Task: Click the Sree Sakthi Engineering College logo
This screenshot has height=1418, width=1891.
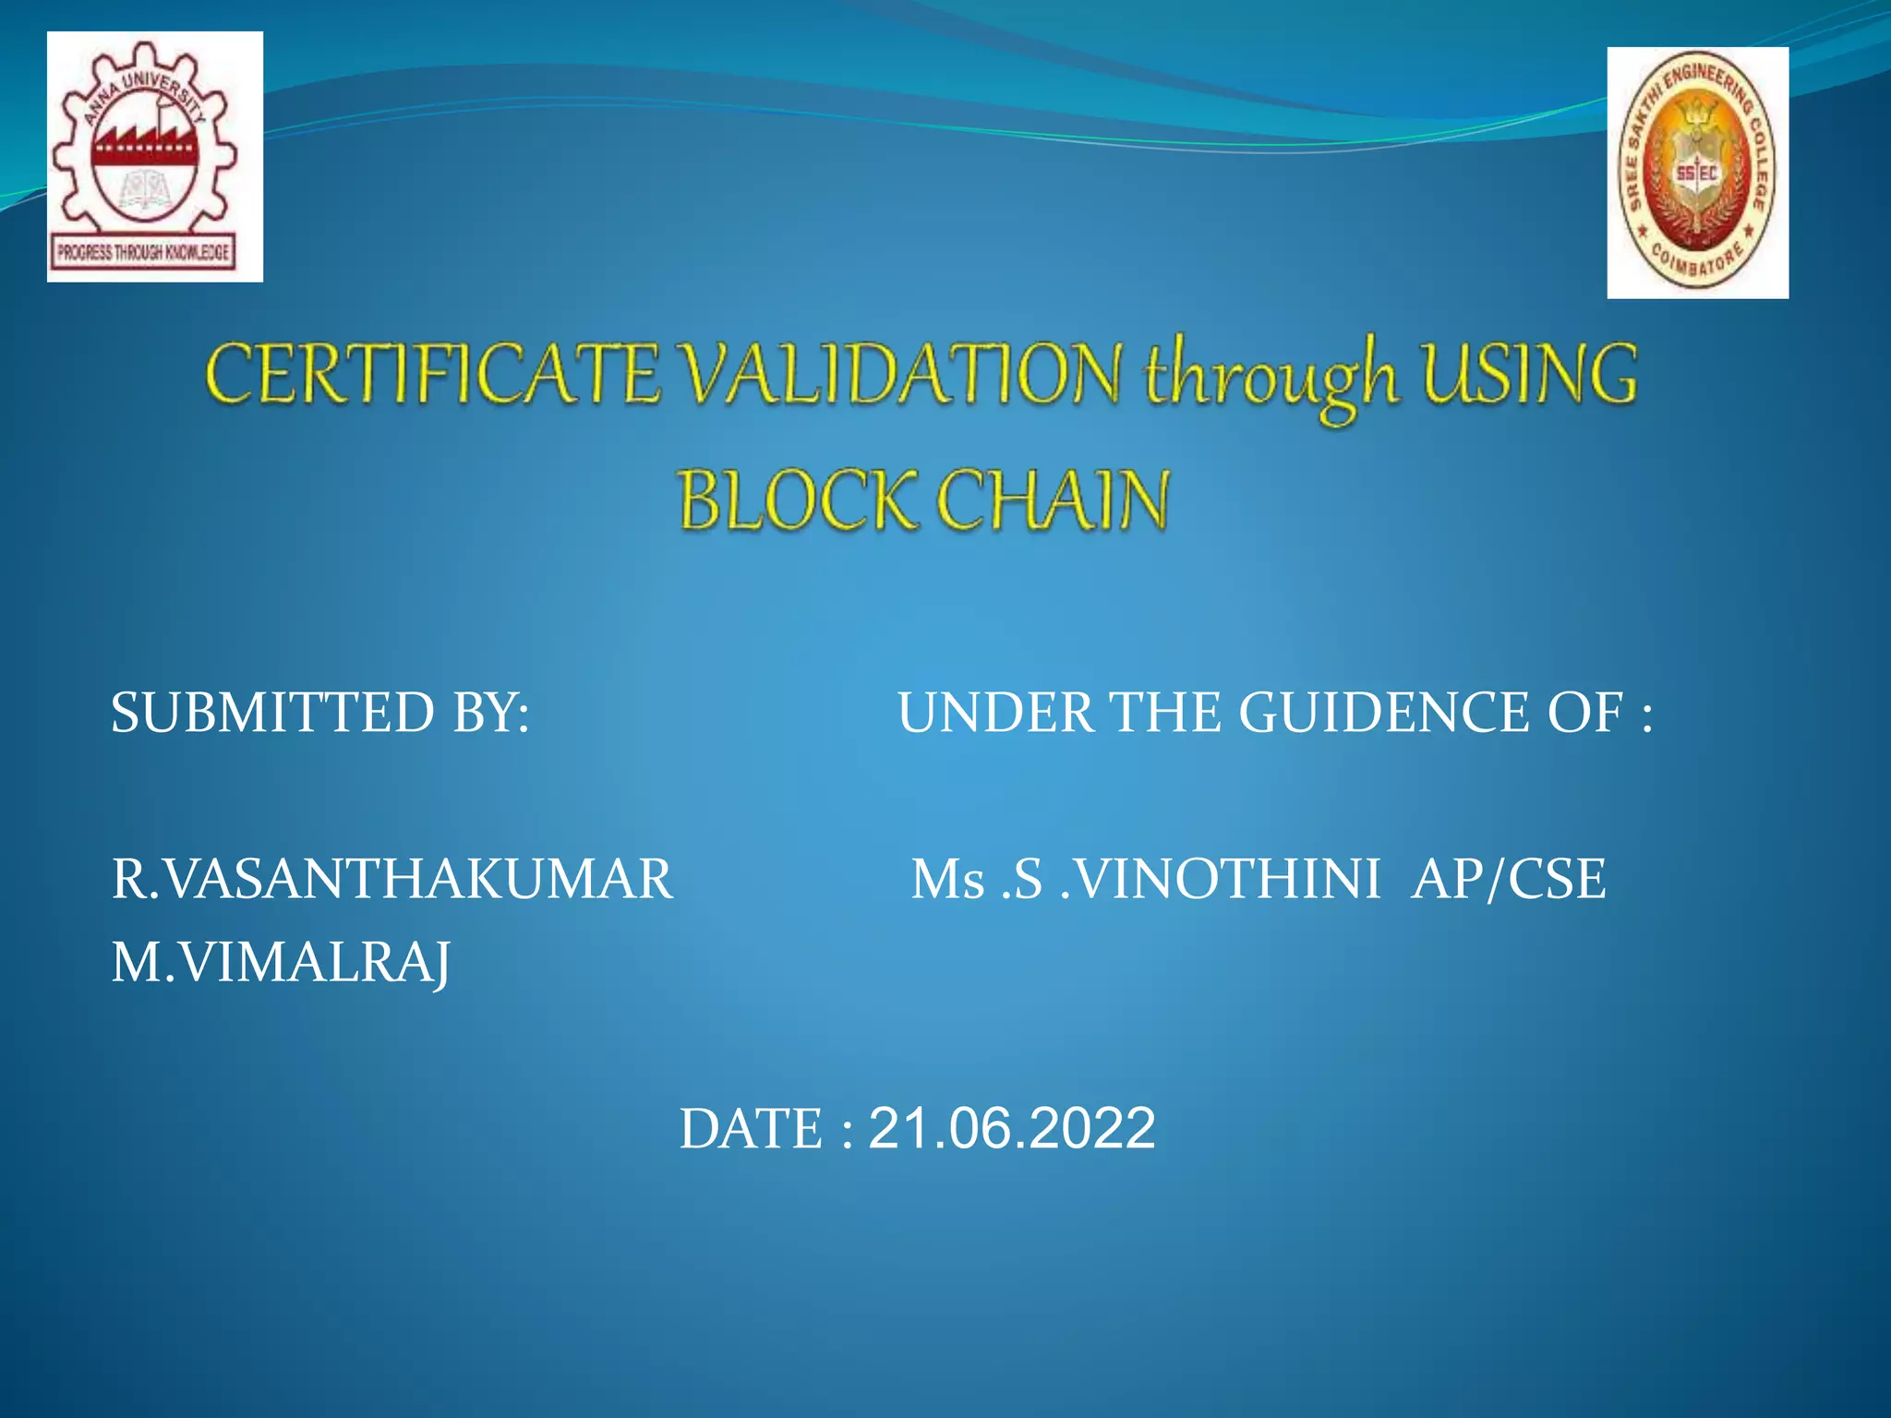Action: point(1697,173)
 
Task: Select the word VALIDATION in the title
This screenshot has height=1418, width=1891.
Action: point(903,374)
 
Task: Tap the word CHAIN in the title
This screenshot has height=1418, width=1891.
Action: point(1054,499)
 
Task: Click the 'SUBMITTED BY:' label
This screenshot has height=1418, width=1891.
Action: point(320,713)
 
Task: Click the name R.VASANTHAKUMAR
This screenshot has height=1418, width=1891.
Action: point(392,878)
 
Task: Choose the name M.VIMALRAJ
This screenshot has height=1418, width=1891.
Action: point(281,963)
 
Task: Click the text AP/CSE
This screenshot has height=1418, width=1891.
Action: point(1509,878)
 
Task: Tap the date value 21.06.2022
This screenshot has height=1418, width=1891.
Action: point(1012,1128)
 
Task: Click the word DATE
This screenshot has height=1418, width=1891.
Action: point(751,1129)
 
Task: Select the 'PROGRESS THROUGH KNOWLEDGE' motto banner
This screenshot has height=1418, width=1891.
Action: point(144,252)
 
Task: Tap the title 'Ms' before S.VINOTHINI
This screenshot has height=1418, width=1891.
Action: point(948,879)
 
